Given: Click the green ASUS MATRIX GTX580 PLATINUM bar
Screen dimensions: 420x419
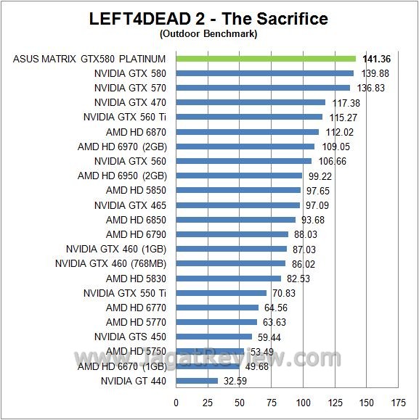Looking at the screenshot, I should (266, 59).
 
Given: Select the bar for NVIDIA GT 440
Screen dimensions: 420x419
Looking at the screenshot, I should (197, 381).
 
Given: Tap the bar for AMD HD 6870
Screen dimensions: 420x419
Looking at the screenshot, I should (247, 132).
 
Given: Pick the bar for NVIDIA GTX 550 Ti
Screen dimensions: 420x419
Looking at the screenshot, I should (221, 293).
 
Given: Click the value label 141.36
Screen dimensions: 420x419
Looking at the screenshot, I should (375, 59).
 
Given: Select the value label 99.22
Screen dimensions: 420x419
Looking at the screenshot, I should (322, 176).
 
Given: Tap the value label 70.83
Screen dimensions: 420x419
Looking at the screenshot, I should (285, 293).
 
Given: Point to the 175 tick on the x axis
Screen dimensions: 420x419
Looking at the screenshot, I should (398, 402).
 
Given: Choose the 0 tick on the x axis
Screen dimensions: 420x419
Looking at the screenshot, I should (176, 402).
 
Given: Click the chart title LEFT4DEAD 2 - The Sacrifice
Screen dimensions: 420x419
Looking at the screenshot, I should (209, 18).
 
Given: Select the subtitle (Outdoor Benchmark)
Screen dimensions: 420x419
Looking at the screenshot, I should (209, 33).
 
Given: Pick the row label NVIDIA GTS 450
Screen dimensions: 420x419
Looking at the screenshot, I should (130, 337).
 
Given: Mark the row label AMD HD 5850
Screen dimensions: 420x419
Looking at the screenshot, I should (136, 190).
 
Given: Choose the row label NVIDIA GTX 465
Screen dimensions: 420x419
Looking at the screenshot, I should (130, 205).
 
